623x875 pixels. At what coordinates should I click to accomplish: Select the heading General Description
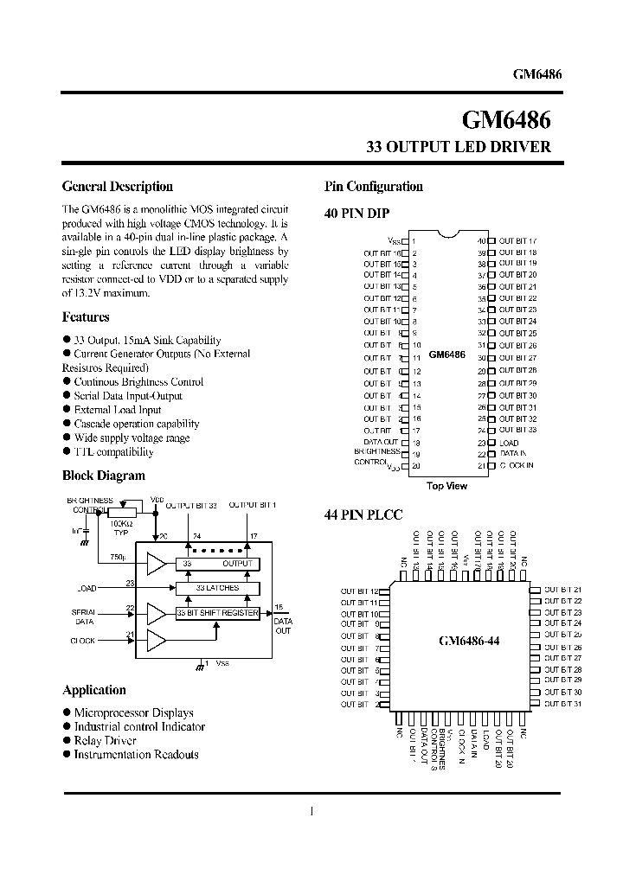pyautogui.click(x=118, y=186)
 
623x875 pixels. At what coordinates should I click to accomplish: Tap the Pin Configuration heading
pyautogui.click(x=373, y=186)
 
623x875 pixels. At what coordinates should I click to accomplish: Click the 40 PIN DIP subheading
pyautogui.click(x=356, y=214)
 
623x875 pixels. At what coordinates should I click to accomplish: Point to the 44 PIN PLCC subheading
pyautogui.click(x=363, y=515)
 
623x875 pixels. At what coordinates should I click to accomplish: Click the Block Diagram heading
pyautogui.click(x=104, y=476)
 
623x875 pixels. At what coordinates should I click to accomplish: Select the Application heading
pyautogui.click(x=94, y=690)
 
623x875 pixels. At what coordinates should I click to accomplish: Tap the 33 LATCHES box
pyautogui.click(x=216, y=588)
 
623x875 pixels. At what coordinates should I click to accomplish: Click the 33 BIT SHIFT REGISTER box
pyautogui.click(x=216, y=613)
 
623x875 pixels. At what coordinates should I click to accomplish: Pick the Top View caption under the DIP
pyautogui.click(x=446, y=486)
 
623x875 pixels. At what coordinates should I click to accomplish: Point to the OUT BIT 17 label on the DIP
pyautogui.click(x=517, y=240)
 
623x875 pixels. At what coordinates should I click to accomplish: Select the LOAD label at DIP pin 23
pyautogui.click(x=509, y=443)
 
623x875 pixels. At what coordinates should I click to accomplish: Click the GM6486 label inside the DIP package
pyautogui.click(x=446, y=354)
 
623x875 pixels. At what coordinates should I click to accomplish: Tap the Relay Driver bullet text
pyautogui.click(x=106, y=741)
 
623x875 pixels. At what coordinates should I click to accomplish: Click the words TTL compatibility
pyautogui.click(x=113, y=452)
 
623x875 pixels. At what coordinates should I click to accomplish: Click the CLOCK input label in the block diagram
pyautogui.click(x=83, y=641)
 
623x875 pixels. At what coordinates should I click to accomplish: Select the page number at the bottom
pyautogui.click(x=311, y=811)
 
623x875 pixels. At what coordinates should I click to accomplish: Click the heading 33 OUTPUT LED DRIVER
pyautogui.click(x=459, y=147)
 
